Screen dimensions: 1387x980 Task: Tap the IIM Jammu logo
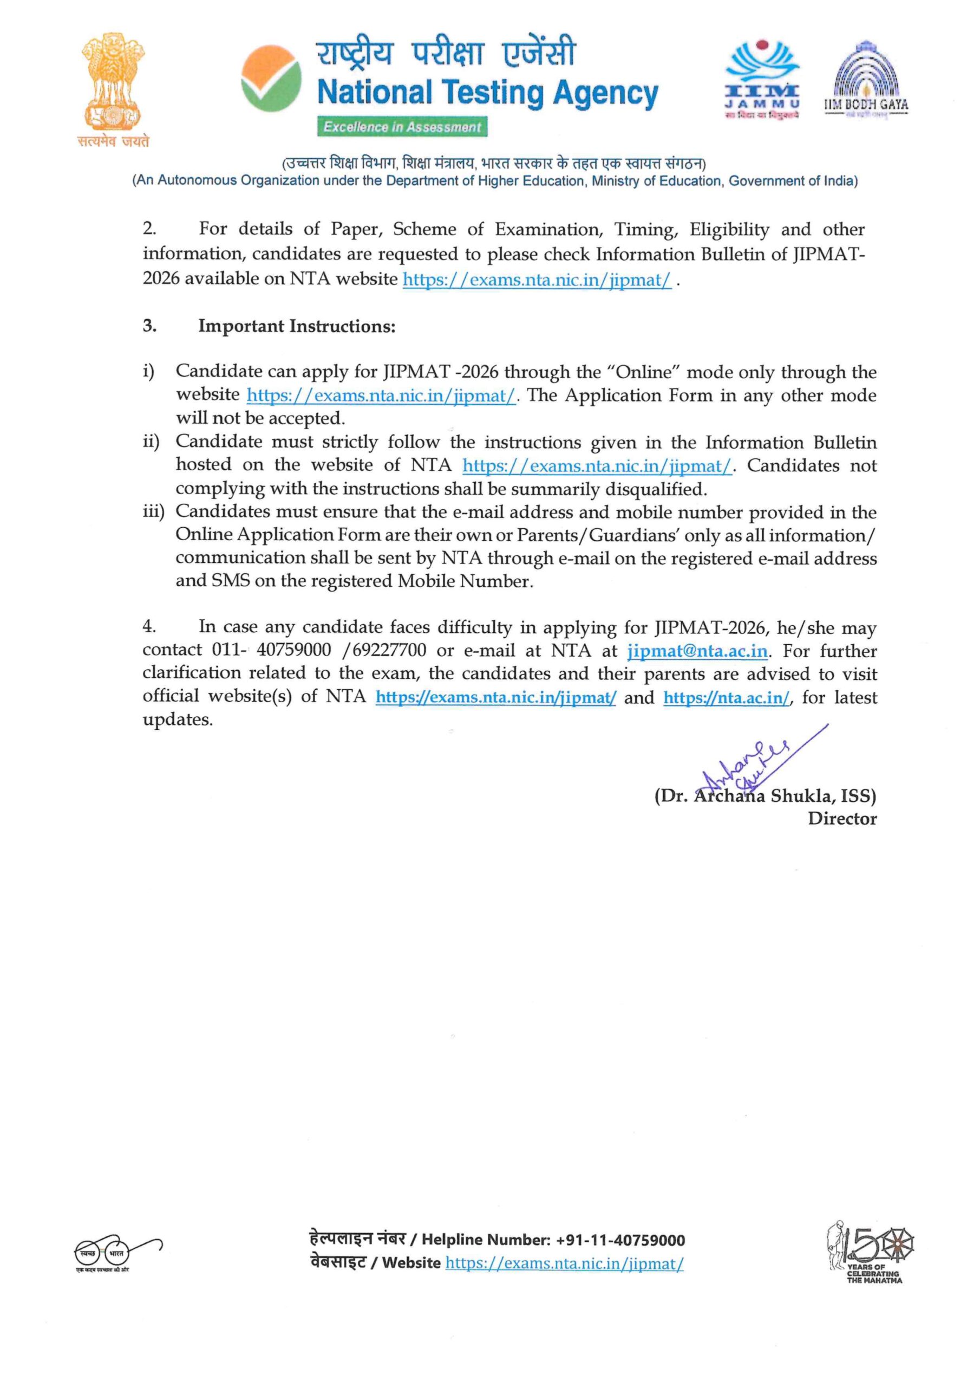click(x=762, y=79)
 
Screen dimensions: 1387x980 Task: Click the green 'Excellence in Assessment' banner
click(x=402, y=127)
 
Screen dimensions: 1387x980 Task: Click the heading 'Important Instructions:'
click(x=297, y=326)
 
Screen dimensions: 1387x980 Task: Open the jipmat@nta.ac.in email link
click(x=697, y=651)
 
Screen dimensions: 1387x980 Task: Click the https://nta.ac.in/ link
click(x=726, y=698)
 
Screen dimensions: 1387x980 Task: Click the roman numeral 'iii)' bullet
click(x=153, y=513)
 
